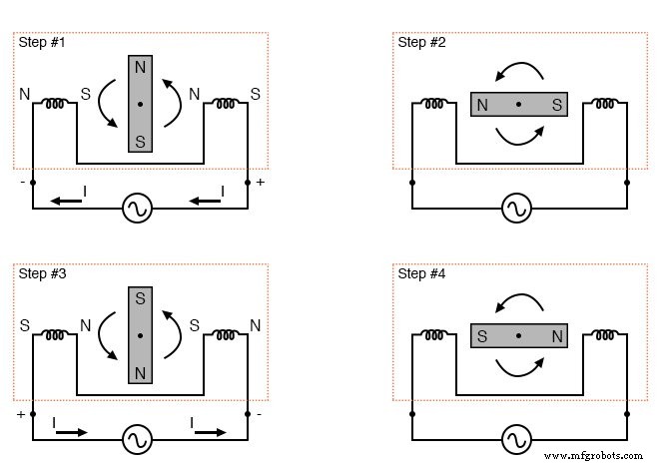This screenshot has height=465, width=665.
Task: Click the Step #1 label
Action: click(40, 43)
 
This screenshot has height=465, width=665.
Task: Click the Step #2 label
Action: click(419, 43)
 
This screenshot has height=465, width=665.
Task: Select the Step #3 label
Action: click(40, 273)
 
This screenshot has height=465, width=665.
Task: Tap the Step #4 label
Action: click(419, 273)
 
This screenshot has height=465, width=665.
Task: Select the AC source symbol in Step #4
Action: click(516, 438)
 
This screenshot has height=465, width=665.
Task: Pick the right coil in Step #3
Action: click(226, 333)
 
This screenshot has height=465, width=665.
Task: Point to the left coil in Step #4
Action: click(433, 333)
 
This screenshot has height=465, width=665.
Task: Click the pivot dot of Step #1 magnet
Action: click(140, 104)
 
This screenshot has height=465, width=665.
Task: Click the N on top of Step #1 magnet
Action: click(140, 66)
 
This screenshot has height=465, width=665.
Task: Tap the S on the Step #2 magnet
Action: click(554, 105)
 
